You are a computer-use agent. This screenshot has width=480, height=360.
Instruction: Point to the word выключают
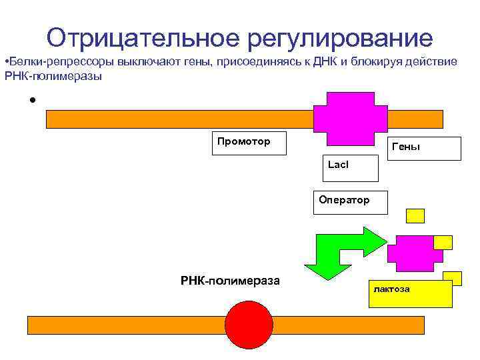[x=146, y=62]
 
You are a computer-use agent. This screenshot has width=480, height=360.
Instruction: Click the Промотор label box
[x=249, y=143]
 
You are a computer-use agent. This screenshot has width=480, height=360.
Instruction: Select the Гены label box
[x=425, y=149]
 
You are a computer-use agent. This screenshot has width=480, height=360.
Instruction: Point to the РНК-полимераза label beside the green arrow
[x=230, y=281]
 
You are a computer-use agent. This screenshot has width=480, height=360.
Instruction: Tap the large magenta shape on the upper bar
[x=349, y=118]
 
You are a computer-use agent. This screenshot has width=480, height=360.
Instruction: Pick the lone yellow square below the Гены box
[x=415, y=215]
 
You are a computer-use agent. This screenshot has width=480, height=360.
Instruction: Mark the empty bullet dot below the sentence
[x=31, y=101]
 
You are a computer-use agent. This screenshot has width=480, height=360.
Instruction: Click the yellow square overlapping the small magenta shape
[x=443, y=242]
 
